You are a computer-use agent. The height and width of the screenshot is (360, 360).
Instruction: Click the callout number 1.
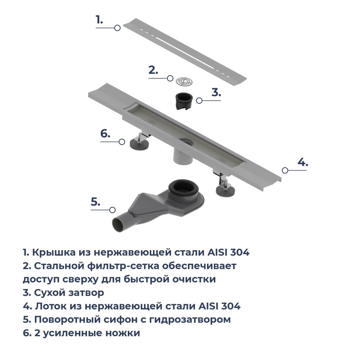(x=99, y=20)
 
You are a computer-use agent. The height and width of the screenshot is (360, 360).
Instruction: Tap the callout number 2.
(x=153, y=70)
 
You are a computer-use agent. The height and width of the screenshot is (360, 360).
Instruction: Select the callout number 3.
(x=216, y=93)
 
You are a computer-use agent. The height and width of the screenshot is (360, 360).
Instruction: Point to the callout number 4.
(x=303, y=162)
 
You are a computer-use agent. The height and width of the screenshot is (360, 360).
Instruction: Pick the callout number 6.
(x=105, y=134)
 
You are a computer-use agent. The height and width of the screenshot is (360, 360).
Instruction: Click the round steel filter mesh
(x=185, y=81)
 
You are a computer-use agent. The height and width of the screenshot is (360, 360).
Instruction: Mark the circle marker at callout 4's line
(x=284, y=170)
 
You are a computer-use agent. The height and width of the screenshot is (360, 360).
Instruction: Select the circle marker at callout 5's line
(x=112, y=210)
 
